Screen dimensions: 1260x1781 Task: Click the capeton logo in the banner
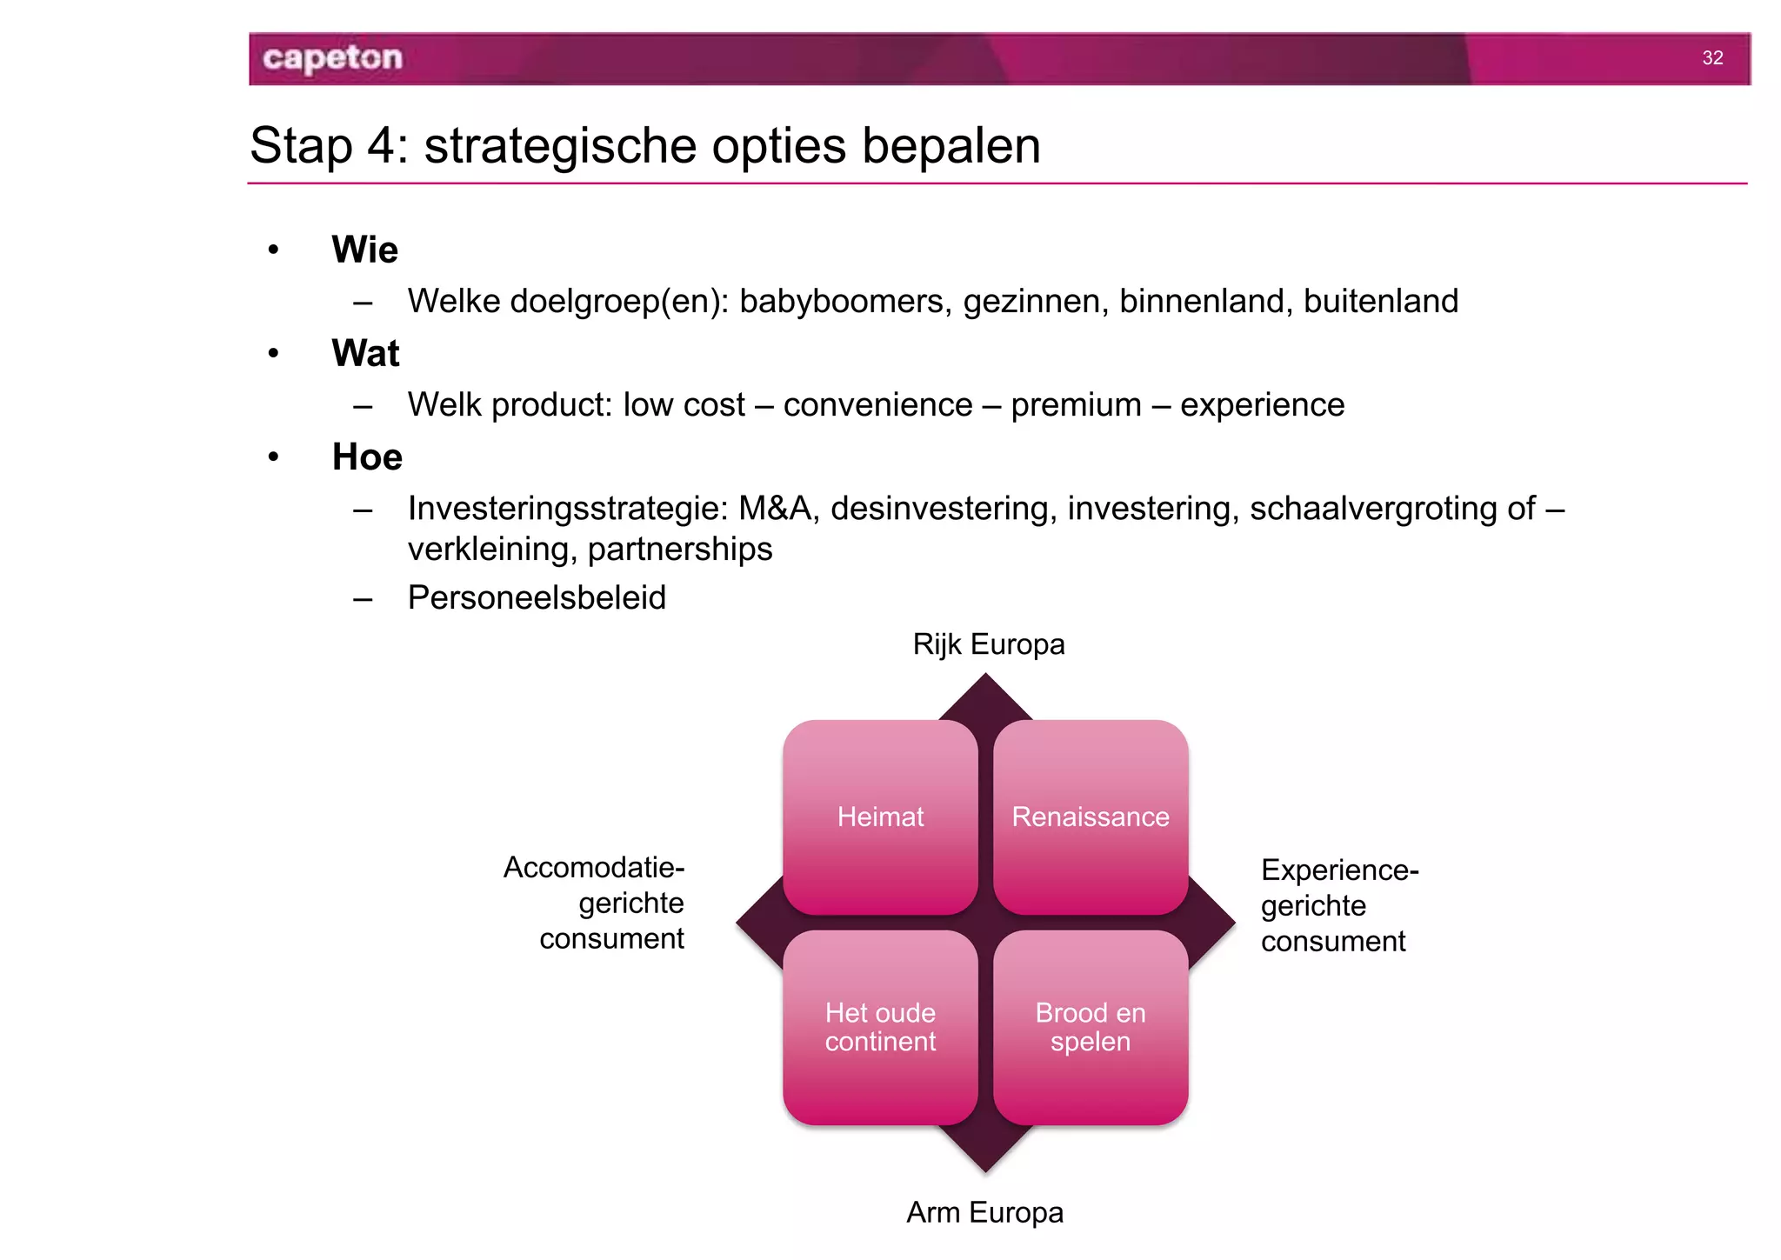pos(332,58)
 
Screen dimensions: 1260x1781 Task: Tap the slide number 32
pos(1712,58)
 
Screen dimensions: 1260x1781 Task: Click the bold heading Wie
pos(364,250)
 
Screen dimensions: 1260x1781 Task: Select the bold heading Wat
pos(365,353)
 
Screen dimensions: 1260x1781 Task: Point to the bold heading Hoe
pos(367,457)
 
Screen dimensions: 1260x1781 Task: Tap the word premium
pos(1076,405)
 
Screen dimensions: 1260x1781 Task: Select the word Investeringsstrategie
pos(567,509)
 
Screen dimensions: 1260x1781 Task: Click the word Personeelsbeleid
pos(537,598)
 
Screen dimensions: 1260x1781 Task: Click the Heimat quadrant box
pos(880,817)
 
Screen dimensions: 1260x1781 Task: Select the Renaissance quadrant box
pos(1091,817)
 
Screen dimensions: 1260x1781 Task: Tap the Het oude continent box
pos(880,1027)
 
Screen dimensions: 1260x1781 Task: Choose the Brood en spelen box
pos(1091,1027)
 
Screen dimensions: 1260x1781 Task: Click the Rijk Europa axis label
pos(989,644)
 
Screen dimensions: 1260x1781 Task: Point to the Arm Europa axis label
pos(984,1212)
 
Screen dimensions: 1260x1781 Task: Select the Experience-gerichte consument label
pos(1339,905)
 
